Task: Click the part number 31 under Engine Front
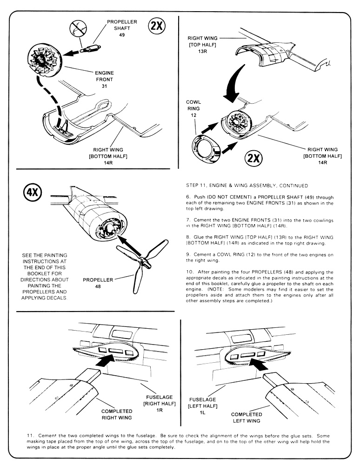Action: (x=104, y=87)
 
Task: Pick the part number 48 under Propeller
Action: (x=95, y=287)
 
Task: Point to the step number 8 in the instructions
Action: (x=187, y=236)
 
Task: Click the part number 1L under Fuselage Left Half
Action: (x=202, y=412)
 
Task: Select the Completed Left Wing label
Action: (x=247, y=418)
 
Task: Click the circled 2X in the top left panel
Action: (x=156, y=27)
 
